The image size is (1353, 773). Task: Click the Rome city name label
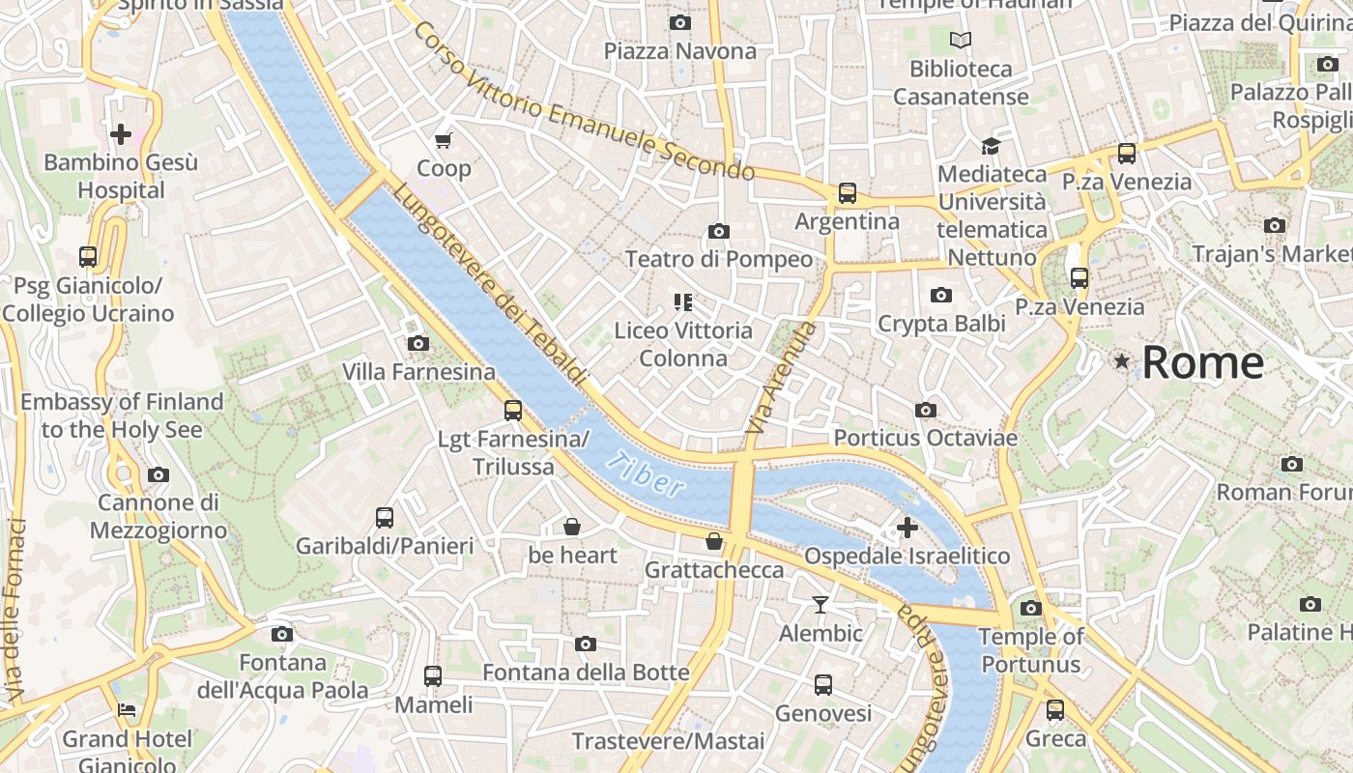1202,363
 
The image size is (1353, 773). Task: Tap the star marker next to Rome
1121,361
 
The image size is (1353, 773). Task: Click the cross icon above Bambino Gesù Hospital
121,133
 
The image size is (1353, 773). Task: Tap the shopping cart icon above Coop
444,141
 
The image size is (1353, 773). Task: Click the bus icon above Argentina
847,193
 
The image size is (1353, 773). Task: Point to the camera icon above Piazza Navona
679,22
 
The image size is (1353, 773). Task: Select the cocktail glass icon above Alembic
820,605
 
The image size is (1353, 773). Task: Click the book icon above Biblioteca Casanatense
960,40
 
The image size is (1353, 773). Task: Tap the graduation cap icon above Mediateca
991,146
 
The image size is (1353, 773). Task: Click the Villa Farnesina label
418,372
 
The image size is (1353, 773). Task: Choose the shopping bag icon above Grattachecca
713,541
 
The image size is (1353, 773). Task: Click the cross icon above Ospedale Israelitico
907,528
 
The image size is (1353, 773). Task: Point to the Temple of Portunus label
1030,650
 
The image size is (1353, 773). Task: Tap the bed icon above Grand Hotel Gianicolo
127,710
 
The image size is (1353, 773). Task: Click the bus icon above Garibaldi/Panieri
385,518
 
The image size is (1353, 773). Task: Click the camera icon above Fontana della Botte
585,644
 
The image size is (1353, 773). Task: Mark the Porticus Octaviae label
925,438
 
